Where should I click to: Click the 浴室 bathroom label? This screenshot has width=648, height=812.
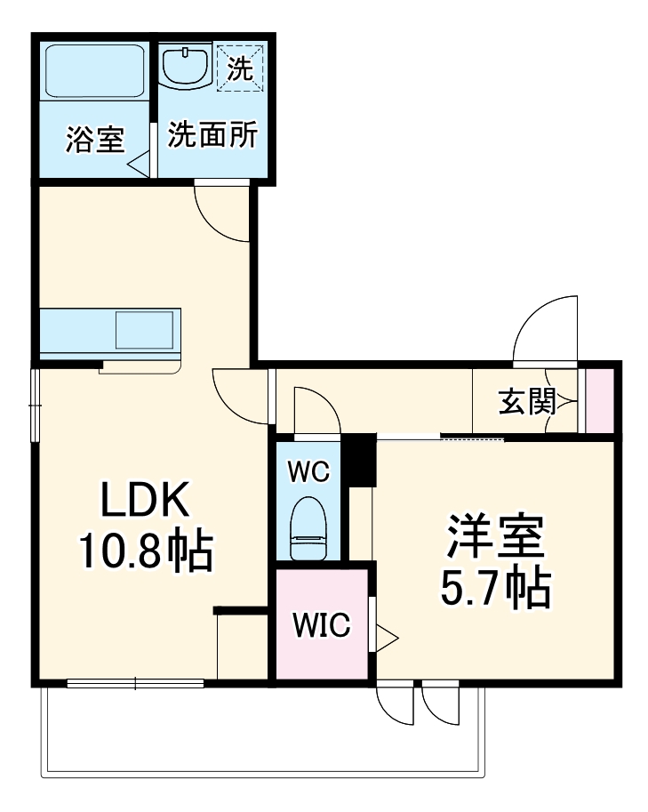pyautogui.click(x=94, y=140)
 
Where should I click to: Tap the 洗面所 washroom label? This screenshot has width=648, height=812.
pyautogui.click(x=213, y=135)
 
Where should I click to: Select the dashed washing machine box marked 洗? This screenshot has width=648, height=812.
pyautogui.click(x=238, y=67)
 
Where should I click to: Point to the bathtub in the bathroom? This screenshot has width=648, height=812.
pyautogui.click(x=94, y=71)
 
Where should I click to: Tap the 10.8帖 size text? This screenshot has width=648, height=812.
pyautogui.click(x=145, y=552)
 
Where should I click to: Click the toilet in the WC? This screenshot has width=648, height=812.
pyautogui.click(x=308, y=528)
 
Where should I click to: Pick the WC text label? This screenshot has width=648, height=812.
pyautogui.click(x=308, y=471)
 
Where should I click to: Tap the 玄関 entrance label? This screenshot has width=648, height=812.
pyautogui.click(x=525, y=402)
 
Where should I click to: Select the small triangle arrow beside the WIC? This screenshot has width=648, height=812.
pyautogui.click(x=387, y=636)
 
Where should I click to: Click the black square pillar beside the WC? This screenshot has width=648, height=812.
pyautogui.click(x=360, y=459)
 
